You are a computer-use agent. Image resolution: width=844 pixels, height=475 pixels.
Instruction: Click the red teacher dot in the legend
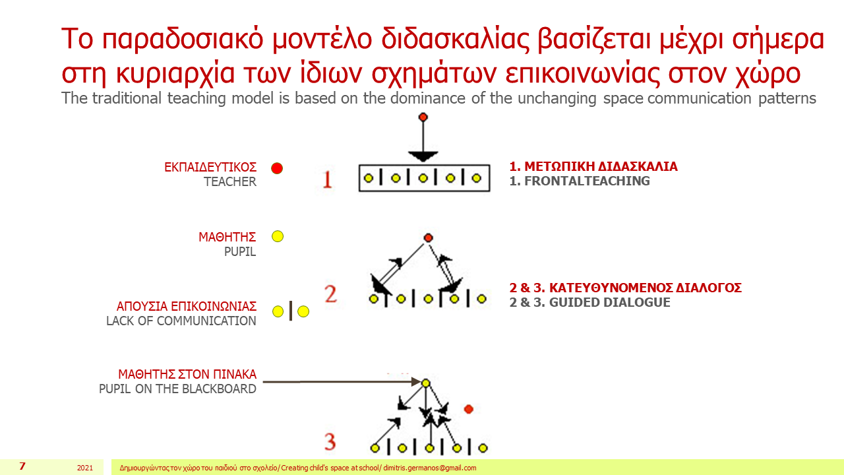277,168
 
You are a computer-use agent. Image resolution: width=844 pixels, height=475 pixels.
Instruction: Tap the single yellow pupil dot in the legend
278,236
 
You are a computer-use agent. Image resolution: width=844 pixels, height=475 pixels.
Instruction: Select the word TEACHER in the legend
230,181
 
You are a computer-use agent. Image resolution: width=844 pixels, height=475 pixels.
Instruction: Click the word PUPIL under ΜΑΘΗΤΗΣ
240,251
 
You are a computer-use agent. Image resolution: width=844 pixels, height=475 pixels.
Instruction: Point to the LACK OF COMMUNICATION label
181,321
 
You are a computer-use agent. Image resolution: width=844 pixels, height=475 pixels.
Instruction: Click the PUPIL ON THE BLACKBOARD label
177,389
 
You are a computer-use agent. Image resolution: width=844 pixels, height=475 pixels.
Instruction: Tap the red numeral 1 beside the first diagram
328,179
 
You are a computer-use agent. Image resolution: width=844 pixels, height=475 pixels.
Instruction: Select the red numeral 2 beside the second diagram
330,294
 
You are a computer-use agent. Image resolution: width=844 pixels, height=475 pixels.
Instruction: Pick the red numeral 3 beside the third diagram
330,442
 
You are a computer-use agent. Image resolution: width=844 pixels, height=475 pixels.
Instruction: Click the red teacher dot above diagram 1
423,117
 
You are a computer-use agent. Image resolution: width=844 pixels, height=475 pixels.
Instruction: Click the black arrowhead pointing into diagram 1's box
423,156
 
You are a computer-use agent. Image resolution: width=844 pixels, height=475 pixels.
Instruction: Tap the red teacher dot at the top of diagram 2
428,238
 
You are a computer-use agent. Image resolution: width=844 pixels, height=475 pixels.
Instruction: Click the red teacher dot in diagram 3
469,409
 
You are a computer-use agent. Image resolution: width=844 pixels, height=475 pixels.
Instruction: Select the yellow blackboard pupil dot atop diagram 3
426,383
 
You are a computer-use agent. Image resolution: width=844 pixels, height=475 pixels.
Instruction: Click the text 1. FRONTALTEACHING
580,181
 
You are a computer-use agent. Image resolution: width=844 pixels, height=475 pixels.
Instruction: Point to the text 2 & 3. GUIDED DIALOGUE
589,302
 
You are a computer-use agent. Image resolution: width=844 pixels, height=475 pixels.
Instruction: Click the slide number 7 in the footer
22,466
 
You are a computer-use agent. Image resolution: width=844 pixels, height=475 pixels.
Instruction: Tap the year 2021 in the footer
85,468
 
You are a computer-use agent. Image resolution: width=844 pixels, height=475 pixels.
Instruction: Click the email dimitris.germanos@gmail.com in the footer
430,468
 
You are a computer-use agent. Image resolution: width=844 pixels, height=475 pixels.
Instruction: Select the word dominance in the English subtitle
428,98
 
